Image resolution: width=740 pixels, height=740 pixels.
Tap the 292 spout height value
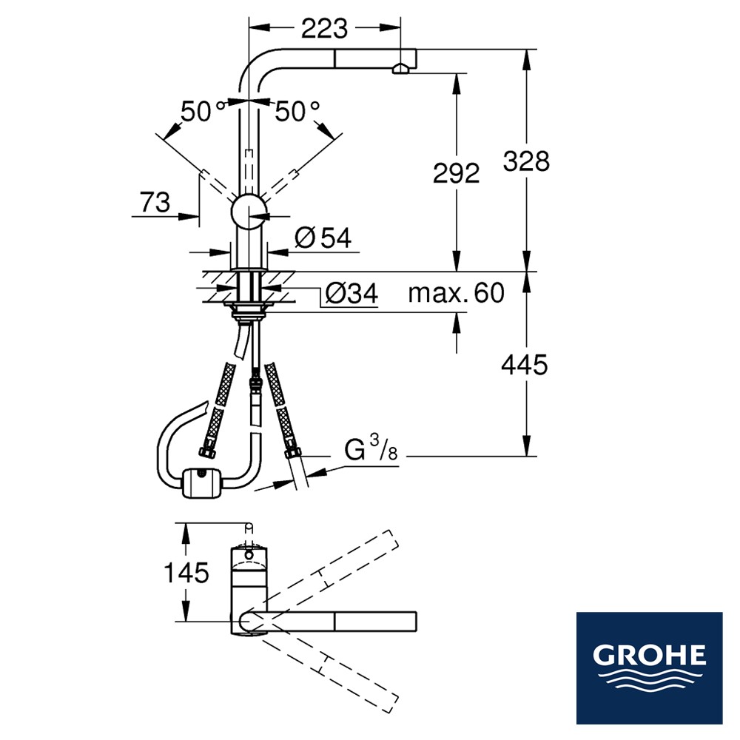tap(457, 173)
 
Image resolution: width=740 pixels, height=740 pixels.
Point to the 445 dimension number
tap(525, 365)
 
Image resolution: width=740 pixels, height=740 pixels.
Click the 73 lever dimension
tap(155, 203)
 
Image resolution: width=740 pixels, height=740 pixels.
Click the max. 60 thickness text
tap(457, 293)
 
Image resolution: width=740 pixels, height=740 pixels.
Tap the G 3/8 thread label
tap(371, 448)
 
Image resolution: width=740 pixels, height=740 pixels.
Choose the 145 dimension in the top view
tap(186, 573)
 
